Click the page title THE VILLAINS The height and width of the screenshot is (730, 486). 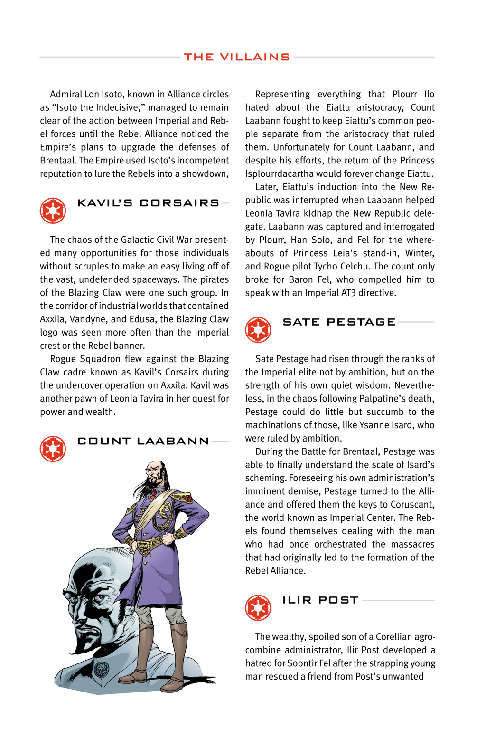click(237, 57)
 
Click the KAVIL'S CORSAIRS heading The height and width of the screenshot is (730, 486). click(149, 203)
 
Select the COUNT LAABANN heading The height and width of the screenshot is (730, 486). click(143, 441)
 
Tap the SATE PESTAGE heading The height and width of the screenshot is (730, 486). click(339, 322)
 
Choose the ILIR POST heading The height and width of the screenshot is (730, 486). click(320, 600)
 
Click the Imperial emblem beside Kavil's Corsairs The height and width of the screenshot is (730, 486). click(53, 211)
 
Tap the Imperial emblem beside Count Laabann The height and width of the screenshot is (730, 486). click(53, 449)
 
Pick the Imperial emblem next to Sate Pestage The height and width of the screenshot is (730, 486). click(258, 330)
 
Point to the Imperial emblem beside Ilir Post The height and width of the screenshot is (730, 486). click(258, 608)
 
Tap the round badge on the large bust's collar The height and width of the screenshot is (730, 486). click(102, 670)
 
